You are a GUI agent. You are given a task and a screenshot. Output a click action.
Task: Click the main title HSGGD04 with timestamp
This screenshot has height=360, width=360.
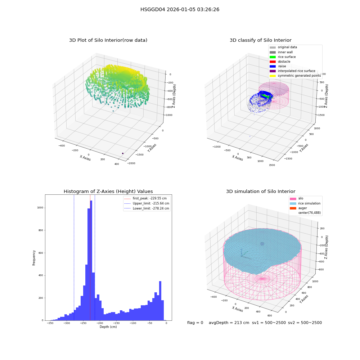pos(180,9)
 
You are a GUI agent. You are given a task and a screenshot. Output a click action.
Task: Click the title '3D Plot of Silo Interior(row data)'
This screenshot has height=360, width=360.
pos(108,40)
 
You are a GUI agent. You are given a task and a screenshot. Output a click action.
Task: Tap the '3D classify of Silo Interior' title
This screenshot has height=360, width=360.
pos(261,40)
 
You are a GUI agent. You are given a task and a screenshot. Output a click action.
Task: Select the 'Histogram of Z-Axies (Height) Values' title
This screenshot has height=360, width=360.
pos(108,191)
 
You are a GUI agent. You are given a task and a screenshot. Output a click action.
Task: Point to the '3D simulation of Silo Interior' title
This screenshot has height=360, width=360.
pos(261,191)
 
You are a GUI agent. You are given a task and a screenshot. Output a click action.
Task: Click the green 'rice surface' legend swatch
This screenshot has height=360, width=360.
pos(273,57)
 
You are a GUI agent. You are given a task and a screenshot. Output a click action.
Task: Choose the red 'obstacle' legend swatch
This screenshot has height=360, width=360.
pos(273,62)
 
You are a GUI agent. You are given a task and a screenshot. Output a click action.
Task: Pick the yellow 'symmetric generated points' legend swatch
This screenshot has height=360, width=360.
pos(273,76)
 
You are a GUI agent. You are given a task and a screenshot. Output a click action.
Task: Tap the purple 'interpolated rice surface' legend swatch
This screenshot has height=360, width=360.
pos(273,71)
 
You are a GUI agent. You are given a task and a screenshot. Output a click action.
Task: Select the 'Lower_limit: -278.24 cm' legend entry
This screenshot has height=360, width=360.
pos(147,208)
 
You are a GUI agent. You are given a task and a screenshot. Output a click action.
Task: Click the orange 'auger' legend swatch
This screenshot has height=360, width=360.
pos(293,208)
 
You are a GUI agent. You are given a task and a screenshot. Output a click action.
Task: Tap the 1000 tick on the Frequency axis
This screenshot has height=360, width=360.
pos(40,208)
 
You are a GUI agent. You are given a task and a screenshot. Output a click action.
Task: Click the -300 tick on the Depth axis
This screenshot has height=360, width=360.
pos(67,323)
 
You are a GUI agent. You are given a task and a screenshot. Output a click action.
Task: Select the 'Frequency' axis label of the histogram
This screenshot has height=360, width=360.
pos(34,258)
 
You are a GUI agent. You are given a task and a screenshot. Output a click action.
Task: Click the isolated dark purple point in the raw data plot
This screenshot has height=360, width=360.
pos(123,153)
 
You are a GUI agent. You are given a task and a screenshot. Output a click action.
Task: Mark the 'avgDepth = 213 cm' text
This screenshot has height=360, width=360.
pos(229,323)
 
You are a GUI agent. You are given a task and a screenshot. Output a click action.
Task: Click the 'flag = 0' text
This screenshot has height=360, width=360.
pos(195,323)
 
